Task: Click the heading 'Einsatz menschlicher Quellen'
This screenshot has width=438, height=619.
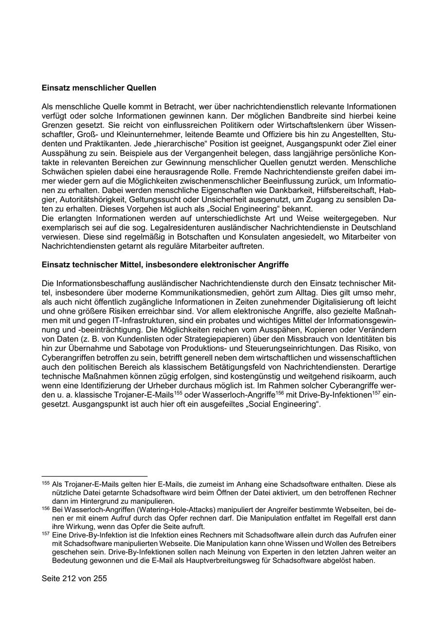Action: [x=99, y=88]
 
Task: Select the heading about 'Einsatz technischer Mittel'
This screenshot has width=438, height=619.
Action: [x=165, y=265]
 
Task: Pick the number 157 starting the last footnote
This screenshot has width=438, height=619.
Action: [x=46, y=533]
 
